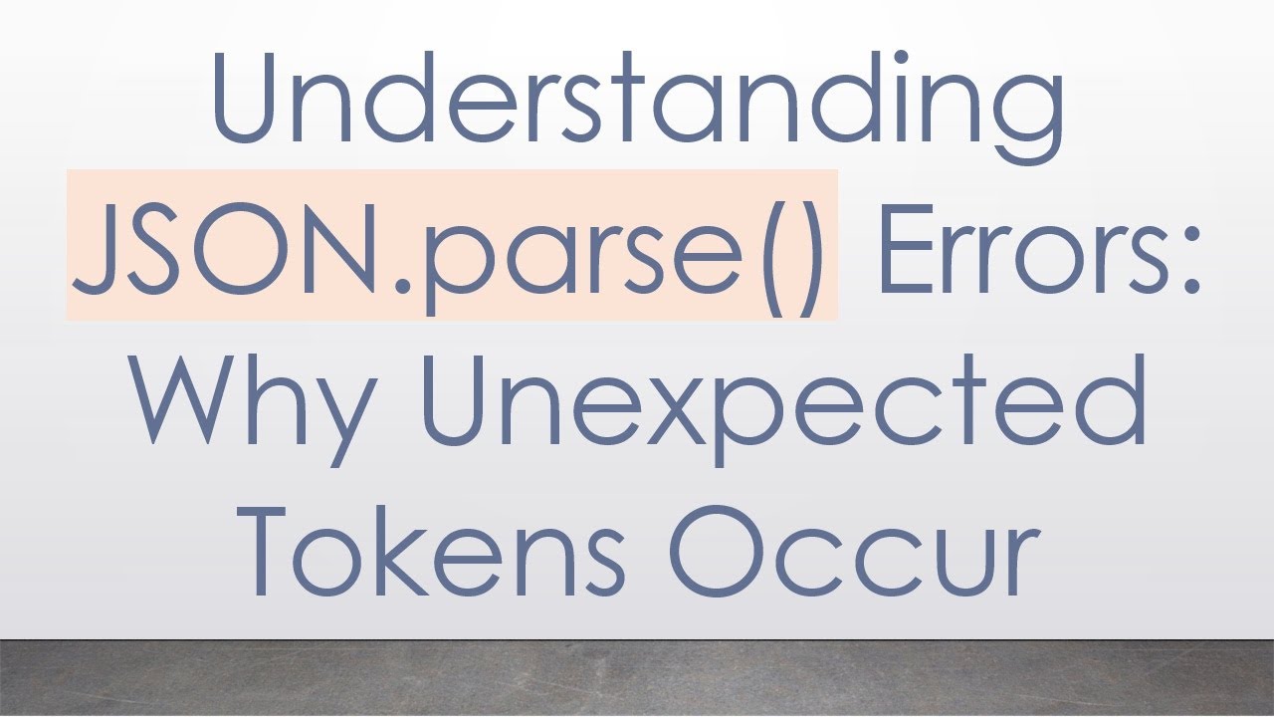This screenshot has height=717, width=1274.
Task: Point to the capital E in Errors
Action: pyautogui.click(x=902, y=244)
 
